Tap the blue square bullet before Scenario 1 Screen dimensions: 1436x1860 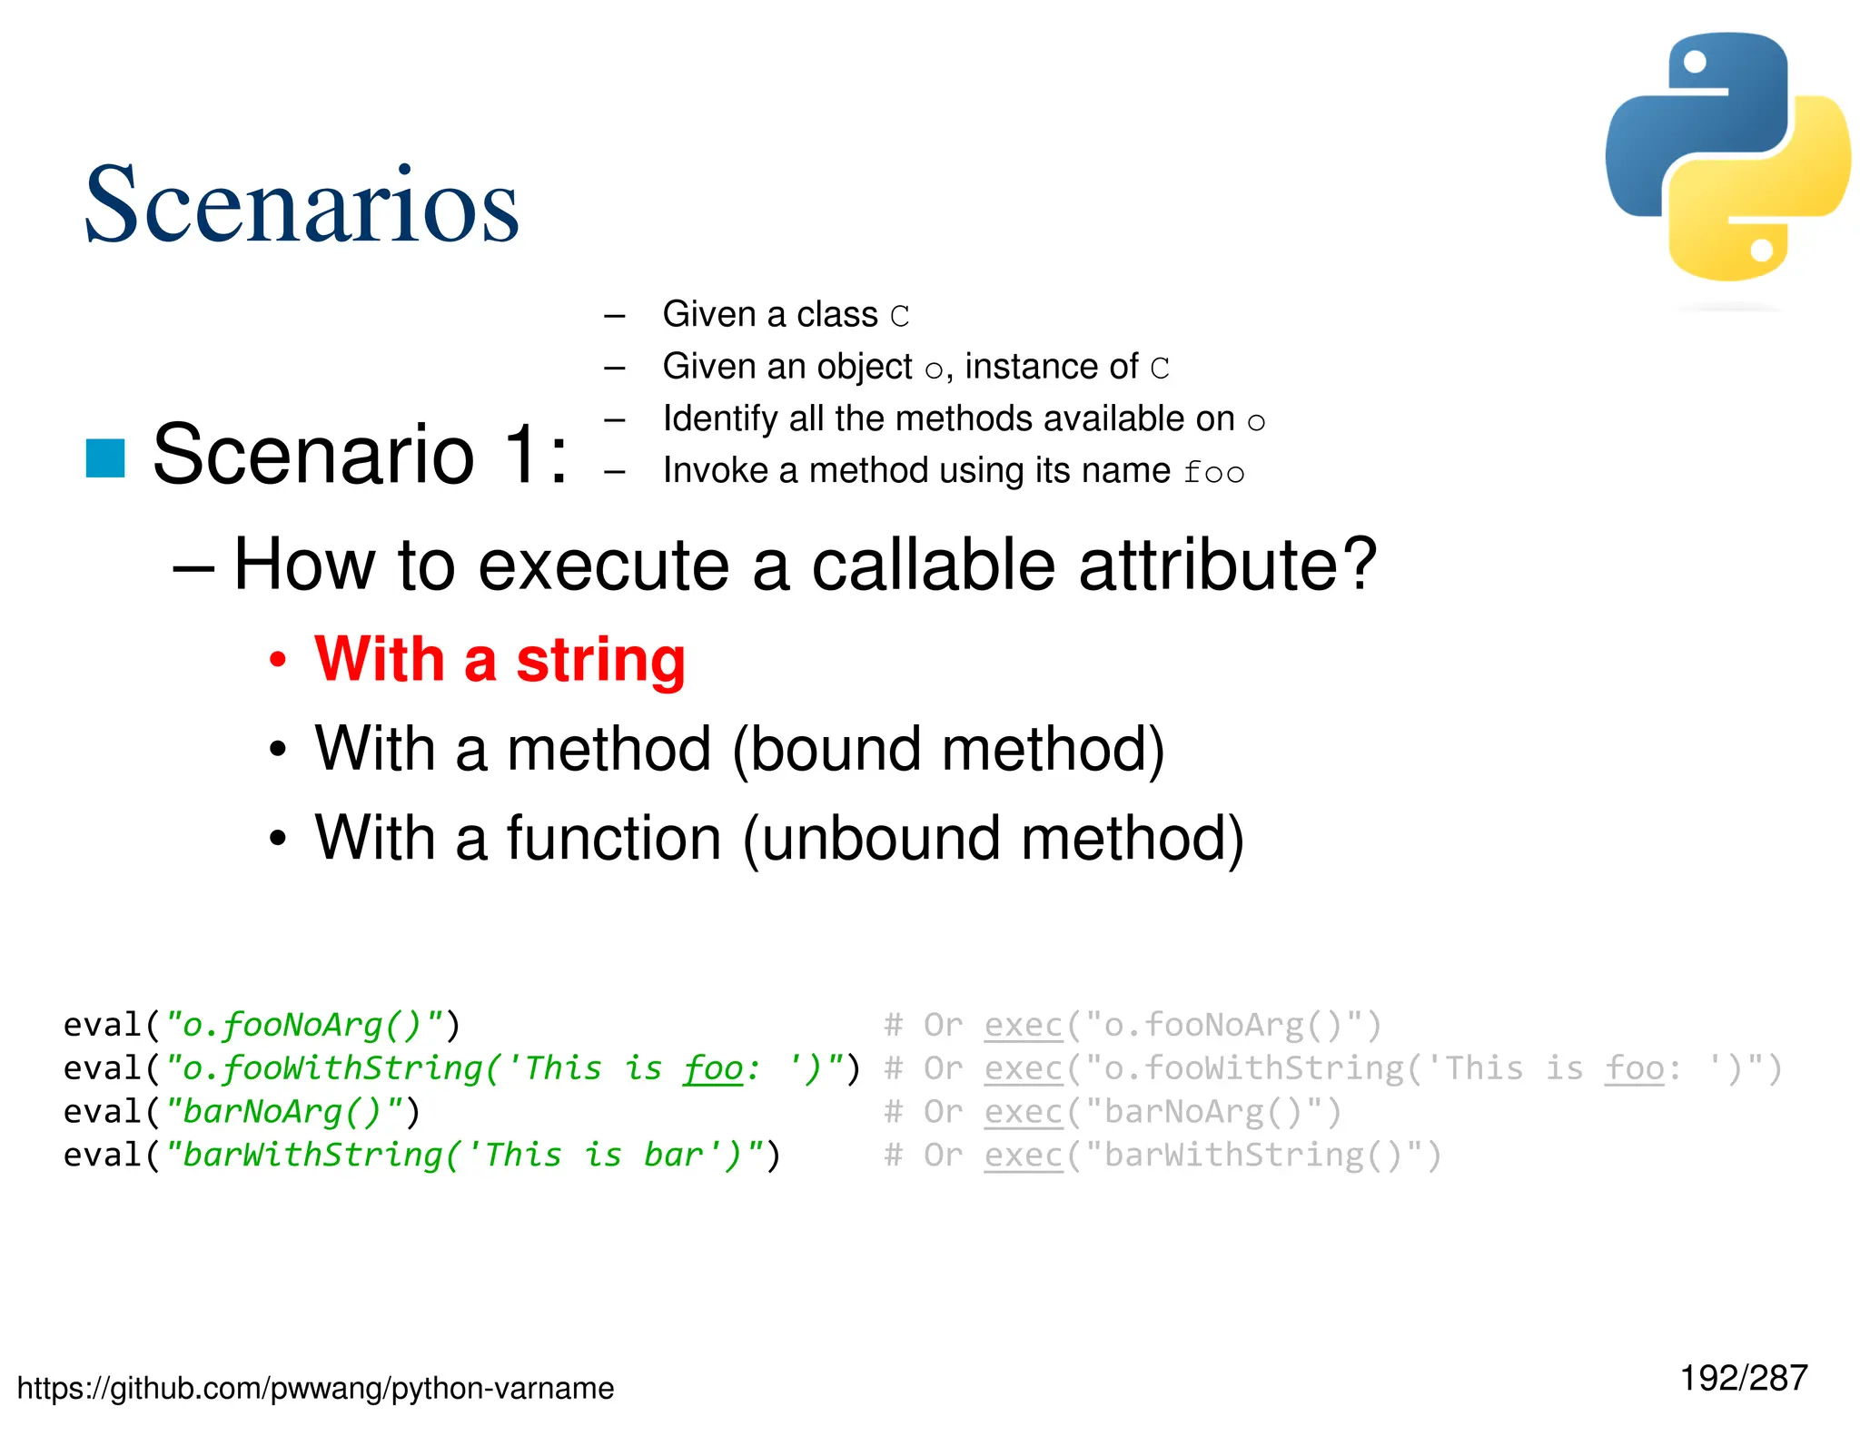[105, 457]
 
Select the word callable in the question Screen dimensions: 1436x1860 [933, 565]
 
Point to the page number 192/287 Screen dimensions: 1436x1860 [1743, 1378]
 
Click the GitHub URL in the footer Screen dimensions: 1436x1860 [315, 1388]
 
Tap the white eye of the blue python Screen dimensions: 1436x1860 [1695, 62]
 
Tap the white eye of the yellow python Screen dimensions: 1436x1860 [1761, 250]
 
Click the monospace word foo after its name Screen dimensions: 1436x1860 [1213, 473]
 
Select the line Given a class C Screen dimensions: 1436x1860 [786, 315]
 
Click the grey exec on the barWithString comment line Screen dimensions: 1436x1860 [1023, 1156]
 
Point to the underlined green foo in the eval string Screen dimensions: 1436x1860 [713, 1068]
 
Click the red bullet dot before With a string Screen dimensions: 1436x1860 [278, 660]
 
